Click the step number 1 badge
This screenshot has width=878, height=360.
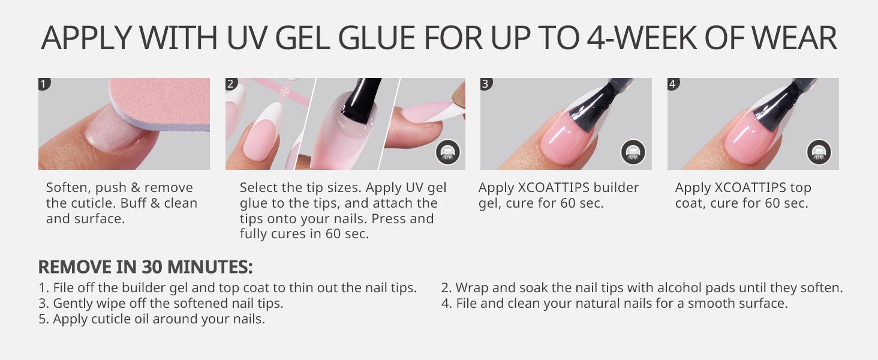coord(44,83)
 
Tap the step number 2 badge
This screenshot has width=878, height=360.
coord(231,83)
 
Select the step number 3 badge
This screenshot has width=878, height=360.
coord(486,83)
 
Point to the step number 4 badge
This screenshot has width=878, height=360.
coord(673,83)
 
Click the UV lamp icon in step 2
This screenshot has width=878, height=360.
coord(447,152)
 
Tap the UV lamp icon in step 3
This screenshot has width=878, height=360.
coord(633,152)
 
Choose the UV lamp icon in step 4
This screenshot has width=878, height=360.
coord(819,152)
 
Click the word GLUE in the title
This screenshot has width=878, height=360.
coord(376,38)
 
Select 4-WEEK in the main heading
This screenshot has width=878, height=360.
coord(642,38)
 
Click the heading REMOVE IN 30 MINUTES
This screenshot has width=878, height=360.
coord(145,267)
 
